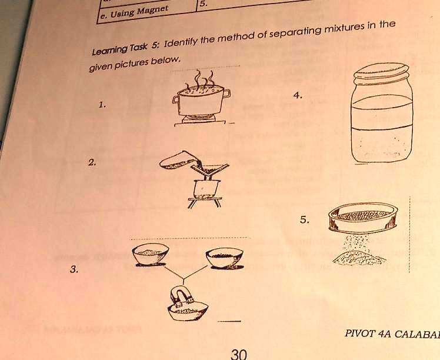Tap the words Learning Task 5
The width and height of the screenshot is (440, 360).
[x=121, y=50]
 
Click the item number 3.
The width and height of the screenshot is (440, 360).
[x=72, y=269]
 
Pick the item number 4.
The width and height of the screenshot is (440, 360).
[x=300, y=95]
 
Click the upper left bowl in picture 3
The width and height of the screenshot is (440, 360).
[x=151, y=255]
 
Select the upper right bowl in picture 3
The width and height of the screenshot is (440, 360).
[x=224, y=257]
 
